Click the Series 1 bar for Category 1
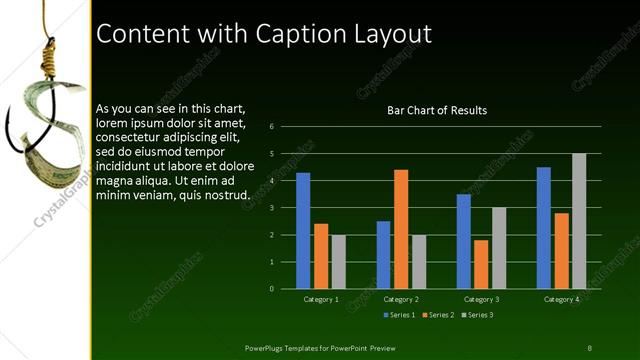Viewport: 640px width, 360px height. coord(303,231)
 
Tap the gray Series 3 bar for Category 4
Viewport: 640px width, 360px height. coord(579,221)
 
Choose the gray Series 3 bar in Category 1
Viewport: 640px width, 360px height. coord(338,262)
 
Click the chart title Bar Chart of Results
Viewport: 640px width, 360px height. coord(437,110)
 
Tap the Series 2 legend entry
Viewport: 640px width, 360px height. coord(438,315)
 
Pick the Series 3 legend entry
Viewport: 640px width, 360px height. coord(477,315)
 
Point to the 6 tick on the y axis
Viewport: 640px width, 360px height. coord(272,127)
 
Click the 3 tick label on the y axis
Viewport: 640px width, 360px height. coord(272,208)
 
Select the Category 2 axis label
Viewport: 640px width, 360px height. coord(401,299)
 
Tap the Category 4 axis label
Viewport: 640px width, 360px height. coord(561,299)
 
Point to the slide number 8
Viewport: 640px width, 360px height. coord(589,347)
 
